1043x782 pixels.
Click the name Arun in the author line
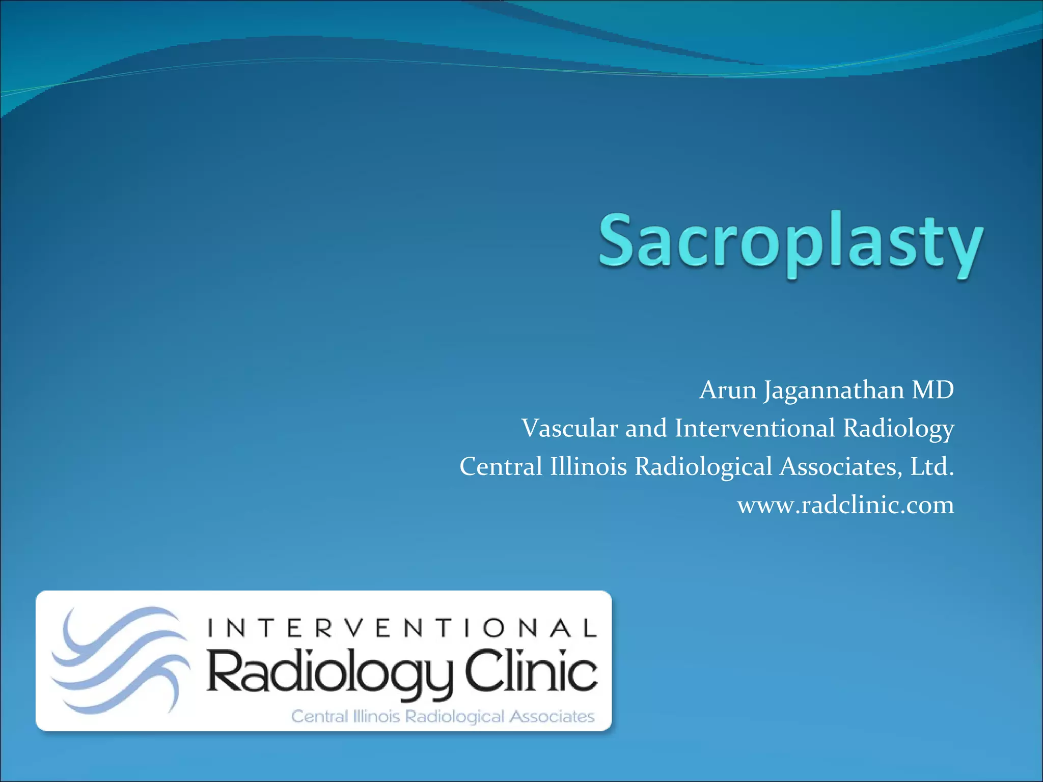[728, 390]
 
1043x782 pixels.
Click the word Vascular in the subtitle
[569, 428]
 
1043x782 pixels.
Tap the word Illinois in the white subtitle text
[588, 466]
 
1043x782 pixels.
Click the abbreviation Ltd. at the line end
[932, 466]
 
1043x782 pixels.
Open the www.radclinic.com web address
[845, 505]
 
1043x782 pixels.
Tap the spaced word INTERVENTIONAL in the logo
[402, 628]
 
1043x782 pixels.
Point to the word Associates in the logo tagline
[552, 717]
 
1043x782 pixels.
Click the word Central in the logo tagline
[319, 717]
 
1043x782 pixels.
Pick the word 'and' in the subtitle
[646, 428]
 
